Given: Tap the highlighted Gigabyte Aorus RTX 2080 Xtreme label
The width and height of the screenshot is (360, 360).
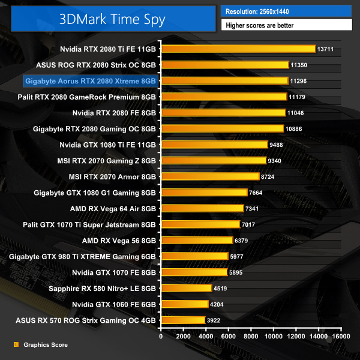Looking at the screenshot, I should click(90, 80).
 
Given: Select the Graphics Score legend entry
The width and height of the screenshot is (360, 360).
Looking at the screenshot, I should click(46, 345).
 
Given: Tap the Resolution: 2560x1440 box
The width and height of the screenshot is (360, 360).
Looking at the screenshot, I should click(286, 11).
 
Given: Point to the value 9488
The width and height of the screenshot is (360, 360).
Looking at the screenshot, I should click(280, 145).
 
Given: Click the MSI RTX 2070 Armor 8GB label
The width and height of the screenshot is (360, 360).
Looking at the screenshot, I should click(113, 176).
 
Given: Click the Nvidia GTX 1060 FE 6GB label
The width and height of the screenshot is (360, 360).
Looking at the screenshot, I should click(115, 304).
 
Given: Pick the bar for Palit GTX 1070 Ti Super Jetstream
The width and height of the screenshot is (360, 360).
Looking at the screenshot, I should click(200, 224).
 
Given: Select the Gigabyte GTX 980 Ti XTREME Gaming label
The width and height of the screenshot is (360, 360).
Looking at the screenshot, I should click(82, 256).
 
